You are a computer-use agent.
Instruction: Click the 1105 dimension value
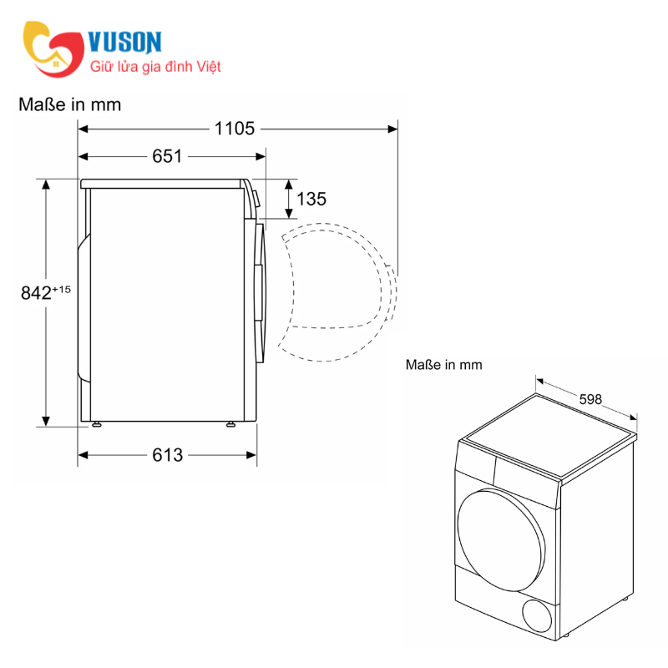[x=234, y=129]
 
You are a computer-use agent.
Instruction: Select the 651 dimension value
[x=167, y=156]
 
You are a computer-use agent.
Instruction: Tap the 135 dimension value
[x=311, y=199]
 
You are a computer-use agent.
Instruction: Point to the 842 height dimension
[x=35, y=292]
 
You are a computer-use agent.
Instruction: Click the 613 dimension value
[x=167, y=455]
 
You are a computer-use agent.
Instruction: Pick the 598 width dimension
[x=590, y=399]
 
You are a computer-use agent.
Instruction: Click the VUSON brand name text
[x=124, y=42]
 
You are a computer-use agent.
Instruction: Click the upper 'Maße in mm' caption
[x=69, y=104]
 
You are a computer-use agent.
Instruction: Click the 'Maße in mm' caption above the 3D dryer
[x=443, y=365]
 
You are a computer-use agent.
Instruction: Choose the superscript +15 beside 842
[x=63, y=289]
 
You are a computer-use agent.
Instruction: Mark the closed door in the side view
[x=261, y=292]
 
